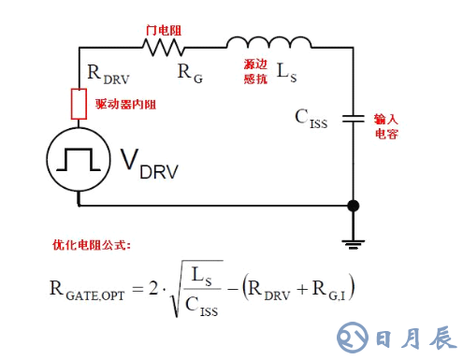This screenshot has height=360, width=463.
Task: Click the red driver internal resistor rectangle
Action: coord(80,104)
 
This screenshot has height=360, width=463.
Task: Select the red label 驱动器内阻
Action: coord(124,103)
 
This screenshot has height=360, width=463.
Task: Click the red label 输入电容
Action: coord(387,125)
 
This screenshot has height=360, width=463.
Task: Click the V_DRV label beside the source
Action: coord(148,166)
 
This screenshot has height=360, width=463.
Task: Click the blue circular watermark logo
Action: coord(353,334)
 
